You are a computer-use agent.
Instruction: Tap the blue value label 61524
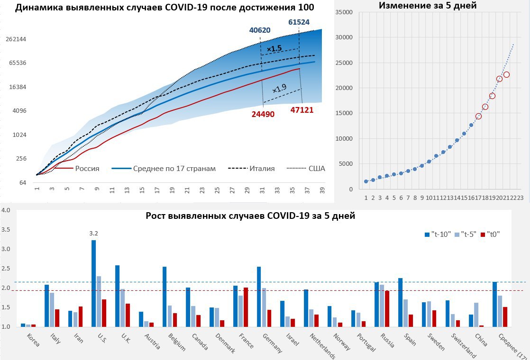(300, 22)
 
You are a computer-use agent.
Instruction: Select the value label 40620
(260, 30)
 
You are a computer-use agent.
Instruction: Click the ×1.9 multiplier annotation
(279, 89)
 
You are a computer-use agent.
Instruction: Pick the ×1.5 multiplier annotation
(274, 49)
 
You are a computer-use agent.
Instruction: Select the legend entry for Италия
(262, 168)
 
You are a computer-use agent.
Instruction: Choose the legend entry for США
(316, 168)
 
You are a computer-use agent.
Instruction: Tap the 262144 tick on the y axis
(16, 39)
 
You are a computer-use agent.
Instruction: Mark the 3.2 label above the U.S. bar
(93, 233)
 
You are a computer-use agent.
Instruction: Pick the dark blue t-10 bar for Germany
(259, 297)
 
